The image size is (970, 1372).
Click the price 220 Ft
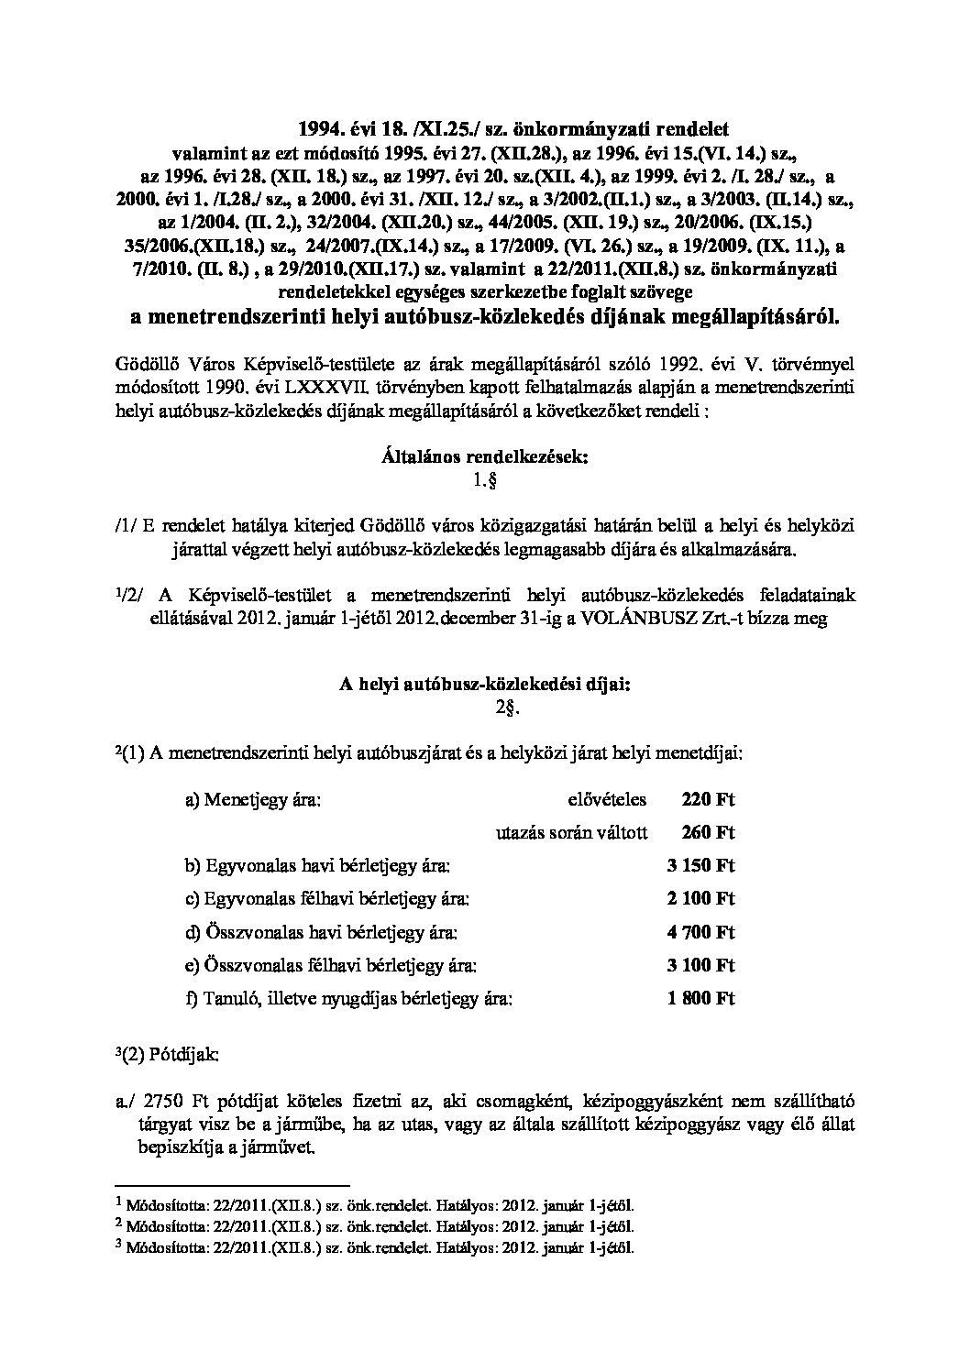click(708, 800)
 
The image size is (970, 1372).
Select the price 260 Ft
click(708, 833)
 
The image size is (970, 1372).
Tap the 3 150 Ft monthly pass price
click(701, 866)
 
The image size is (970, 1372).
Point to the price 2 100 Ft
click(701, 899)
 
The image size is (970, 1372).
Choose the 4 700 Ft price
click(701, 933)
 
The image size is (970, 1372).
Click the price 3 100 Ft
click(701, 966)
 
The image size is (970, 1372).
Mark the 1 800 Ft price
click(701, 999)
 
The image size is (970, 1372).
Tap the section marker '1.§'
click(484, 478)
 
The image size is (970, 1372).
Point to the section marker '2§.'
click(484, 706)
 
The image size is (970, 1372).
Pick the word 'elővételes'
click(607, 800)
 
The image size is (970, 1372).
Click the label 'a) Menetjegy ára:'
click(252, 800)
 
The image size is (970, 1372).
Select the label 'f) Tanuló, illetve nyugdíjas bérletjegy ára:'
click(348, 999)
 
